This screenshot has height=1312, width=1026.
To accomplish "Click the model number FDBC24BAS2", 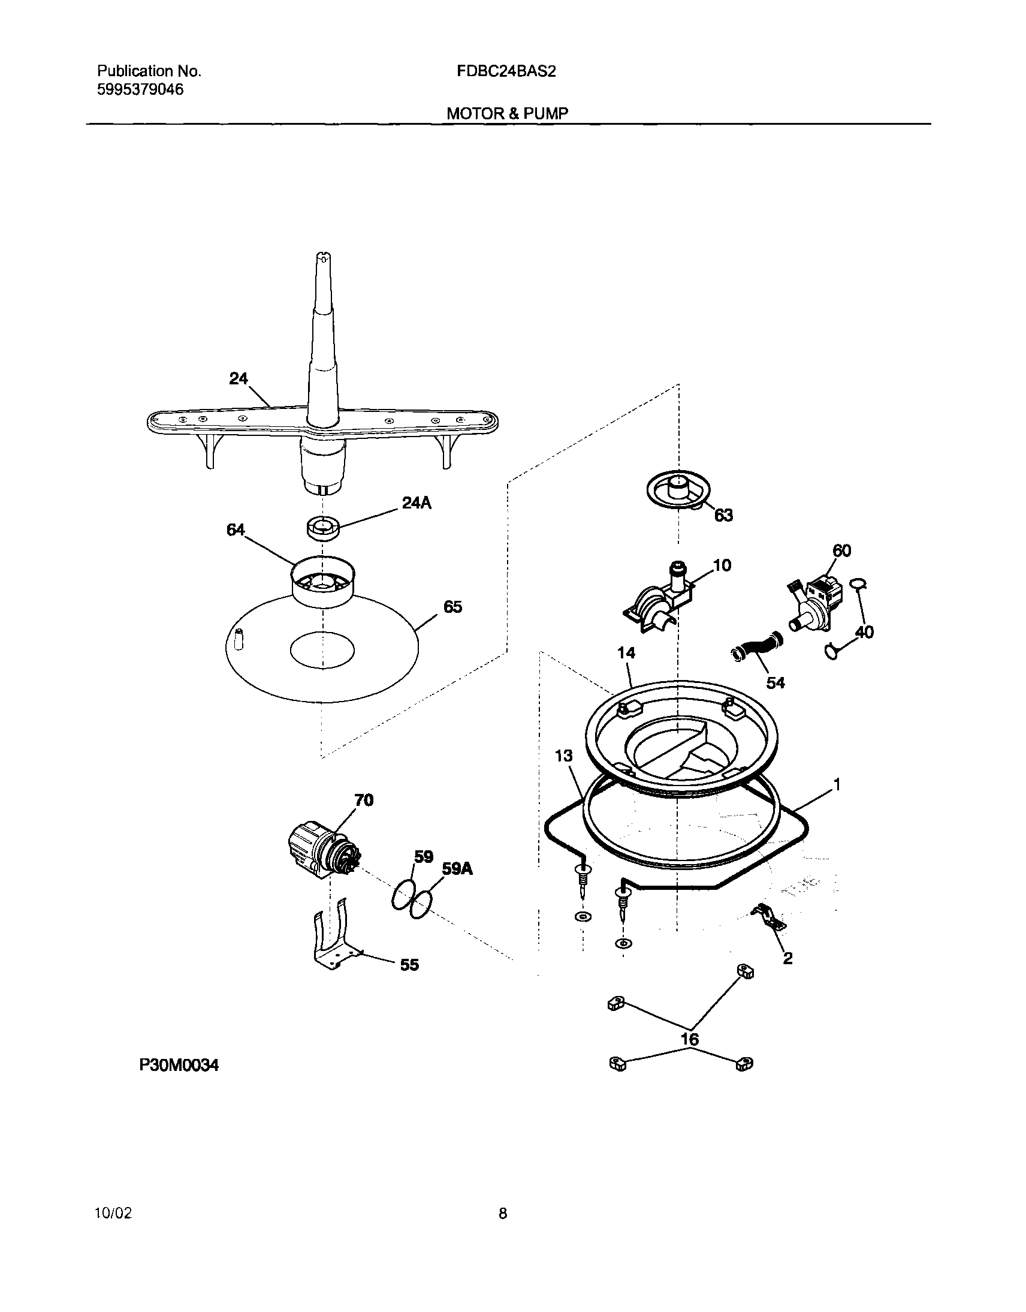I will [506, 71].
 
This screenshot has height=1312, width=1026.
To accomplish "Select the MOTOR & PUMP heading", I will [507, 113].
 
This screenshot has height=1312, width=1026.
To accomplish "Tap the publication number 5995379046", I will [140, 90].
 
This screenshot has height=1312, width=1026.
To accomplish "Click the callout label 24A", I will [417, 503].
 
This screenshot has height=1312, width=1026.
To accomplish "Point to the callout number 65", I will [452, 607].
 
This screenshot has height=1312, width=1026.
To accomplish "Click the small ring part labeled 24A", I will [323, 528].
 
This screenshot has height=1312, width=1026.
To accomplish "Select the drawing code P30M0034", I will [179, 1065].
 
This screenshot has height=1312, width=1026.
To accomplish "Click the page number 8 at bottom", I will [503, 1214].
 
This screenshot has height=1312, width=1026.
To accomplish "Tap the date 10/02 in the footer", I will [113, 1213].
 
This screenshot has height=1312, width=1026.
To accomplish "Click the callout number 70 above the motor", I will [363, 800].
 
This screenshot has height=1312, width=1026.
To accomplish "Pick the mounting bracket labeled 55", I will [333, 942].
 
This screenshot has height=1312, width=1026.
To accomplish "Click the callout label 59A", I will [457, 868].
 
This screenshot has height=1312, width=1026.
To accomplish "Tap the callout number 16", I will [690, 1039].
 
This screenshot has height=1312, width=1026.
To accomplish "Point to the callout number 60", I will [841, 550].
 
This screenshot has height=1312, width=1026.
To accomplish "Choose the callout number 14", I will [626, 652].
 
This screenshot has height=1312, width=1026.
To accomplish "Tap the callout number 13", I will [563, 756].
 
